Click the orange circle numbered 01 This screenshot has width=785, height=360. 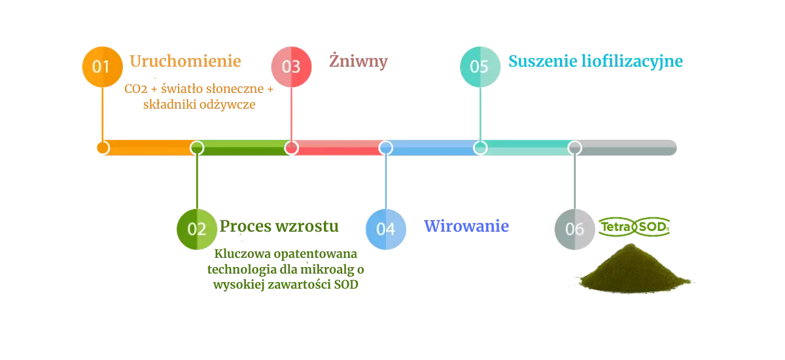[102, 66]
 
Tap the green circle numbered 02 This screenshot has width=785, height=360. [197, 228]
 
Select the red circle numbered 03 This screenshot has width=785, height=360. [291, 66]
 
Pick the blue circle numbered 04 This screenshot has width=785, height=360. [386, 228]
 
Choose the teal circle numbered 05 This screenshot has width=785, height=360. [480, 66]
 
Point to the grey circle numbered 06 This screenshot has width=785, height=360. [575, 228]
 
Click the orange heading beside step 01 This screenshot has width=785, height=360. [186, 62]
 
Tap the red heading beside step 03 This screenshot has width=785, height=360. [359, 62]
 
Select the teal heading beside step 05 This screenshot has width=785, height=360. [596, 62]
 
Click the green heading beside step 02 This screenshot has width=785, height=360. [280, 226]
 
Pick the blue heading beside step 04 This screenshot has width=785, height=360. [467, 226]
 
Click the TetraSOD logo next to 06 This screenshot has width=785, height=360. [634, 226]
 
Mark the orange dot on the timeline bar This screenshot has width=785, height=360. [102, 148]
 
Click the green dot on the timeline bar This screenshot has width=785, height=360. [197, 148]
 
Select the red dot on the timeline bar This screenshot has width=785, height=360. [291, 148]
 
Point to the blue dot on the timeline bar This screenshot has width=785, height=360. [386, 148]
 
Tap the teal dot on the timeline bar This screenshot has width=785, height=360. [480, 148]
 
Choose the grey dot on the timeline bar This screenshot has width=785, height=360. [575, 148]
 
